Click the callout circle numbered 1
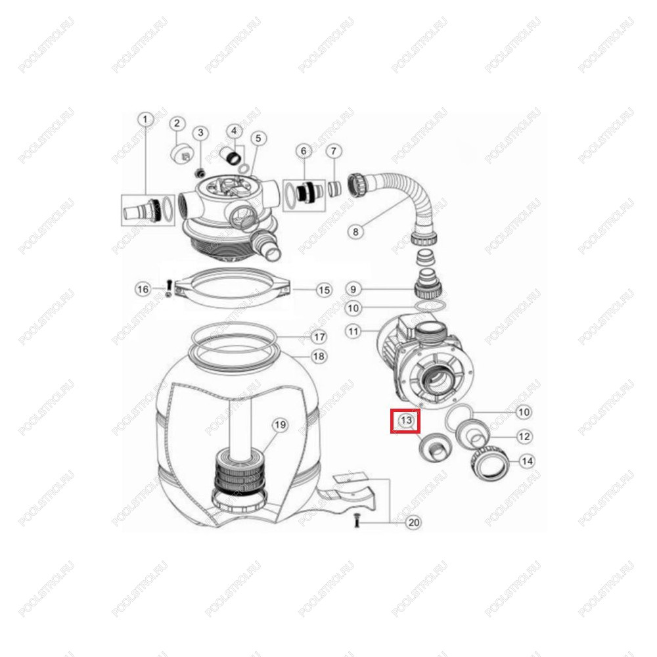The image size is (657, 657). tap(145, 120)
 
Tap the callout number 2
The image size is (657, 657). tap(177, 124)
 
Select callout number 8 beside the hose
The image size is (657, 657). tap(355, 231)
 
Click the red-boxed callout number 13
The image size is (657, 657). tap(405, 420)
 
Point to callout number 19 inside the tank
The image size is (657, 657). tap(280, 425)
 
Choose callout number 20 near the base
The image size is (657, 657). tap(413, 522)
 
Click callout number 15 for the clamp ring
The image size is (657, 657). tap(324, 290)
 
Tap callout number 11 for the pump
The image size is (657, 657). tap(353, 332)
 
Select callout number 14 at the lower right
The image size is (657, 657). tap(527, 461)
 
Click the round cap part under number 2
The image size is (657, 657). tap(182, 153)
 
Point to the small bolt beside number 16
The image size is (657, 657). tap(169, 288)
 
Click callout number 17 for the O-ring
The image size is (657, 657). tap(319, 337)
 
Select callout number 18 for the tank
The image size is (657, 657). tap(319, 356)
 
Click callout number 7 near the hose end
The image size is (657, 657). tap(334, 151)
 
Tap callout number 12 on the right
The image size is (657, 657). tap(524, 437)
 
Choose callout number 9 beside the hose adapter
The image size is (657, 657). tap(353, 289)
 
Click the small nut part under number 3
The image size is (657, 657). tap(200, 172)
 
